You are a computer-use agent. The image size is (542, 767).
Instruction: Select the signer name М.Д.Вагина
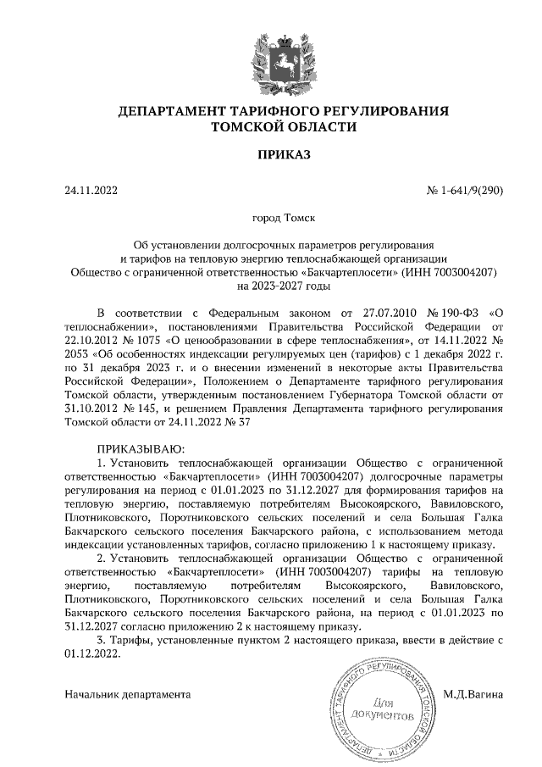[473, 694]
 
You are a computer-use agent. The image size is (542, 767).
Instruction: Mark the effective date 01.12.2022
[93, 655]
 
